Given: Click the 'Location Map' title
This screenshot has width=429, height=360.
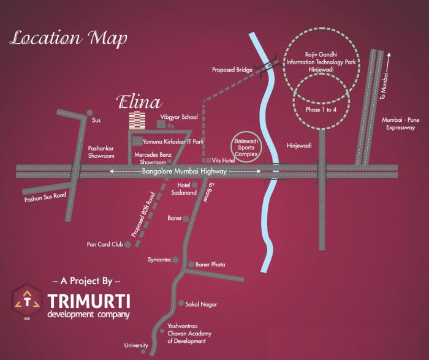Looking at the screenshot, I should tap(69, 38).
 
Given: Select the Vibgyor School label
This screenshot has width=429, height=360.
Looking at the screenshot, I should tap(179, 116).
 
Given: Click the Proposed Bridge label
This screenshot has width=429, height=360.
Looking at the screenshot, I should tap(232, 70).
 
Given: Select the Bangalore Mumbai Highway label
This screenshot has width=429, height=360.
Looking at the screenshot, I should tap(184, 172).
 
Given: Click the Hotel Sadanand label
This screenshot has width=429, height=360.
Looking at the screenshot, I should tap(186, 188).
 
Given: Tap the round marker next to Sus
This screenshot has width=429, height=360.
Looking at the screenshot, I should tap(89, 113).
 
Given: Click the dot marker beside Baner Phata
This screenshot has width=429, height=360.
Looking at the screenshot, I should tap(191, 264).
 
